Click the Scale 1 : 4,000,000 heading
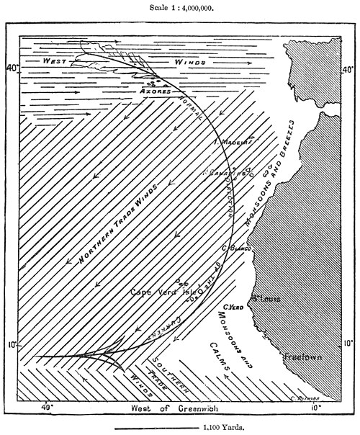click(180, 7)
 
